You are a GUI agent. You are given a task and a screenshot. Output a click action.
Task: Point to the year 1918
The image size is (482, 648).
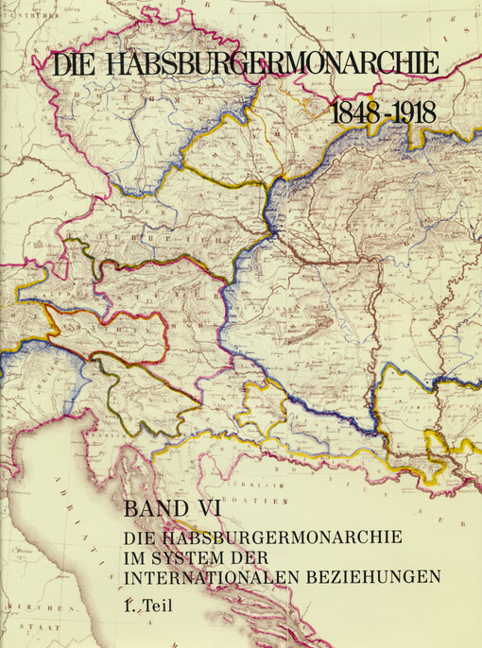point(413,111)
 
